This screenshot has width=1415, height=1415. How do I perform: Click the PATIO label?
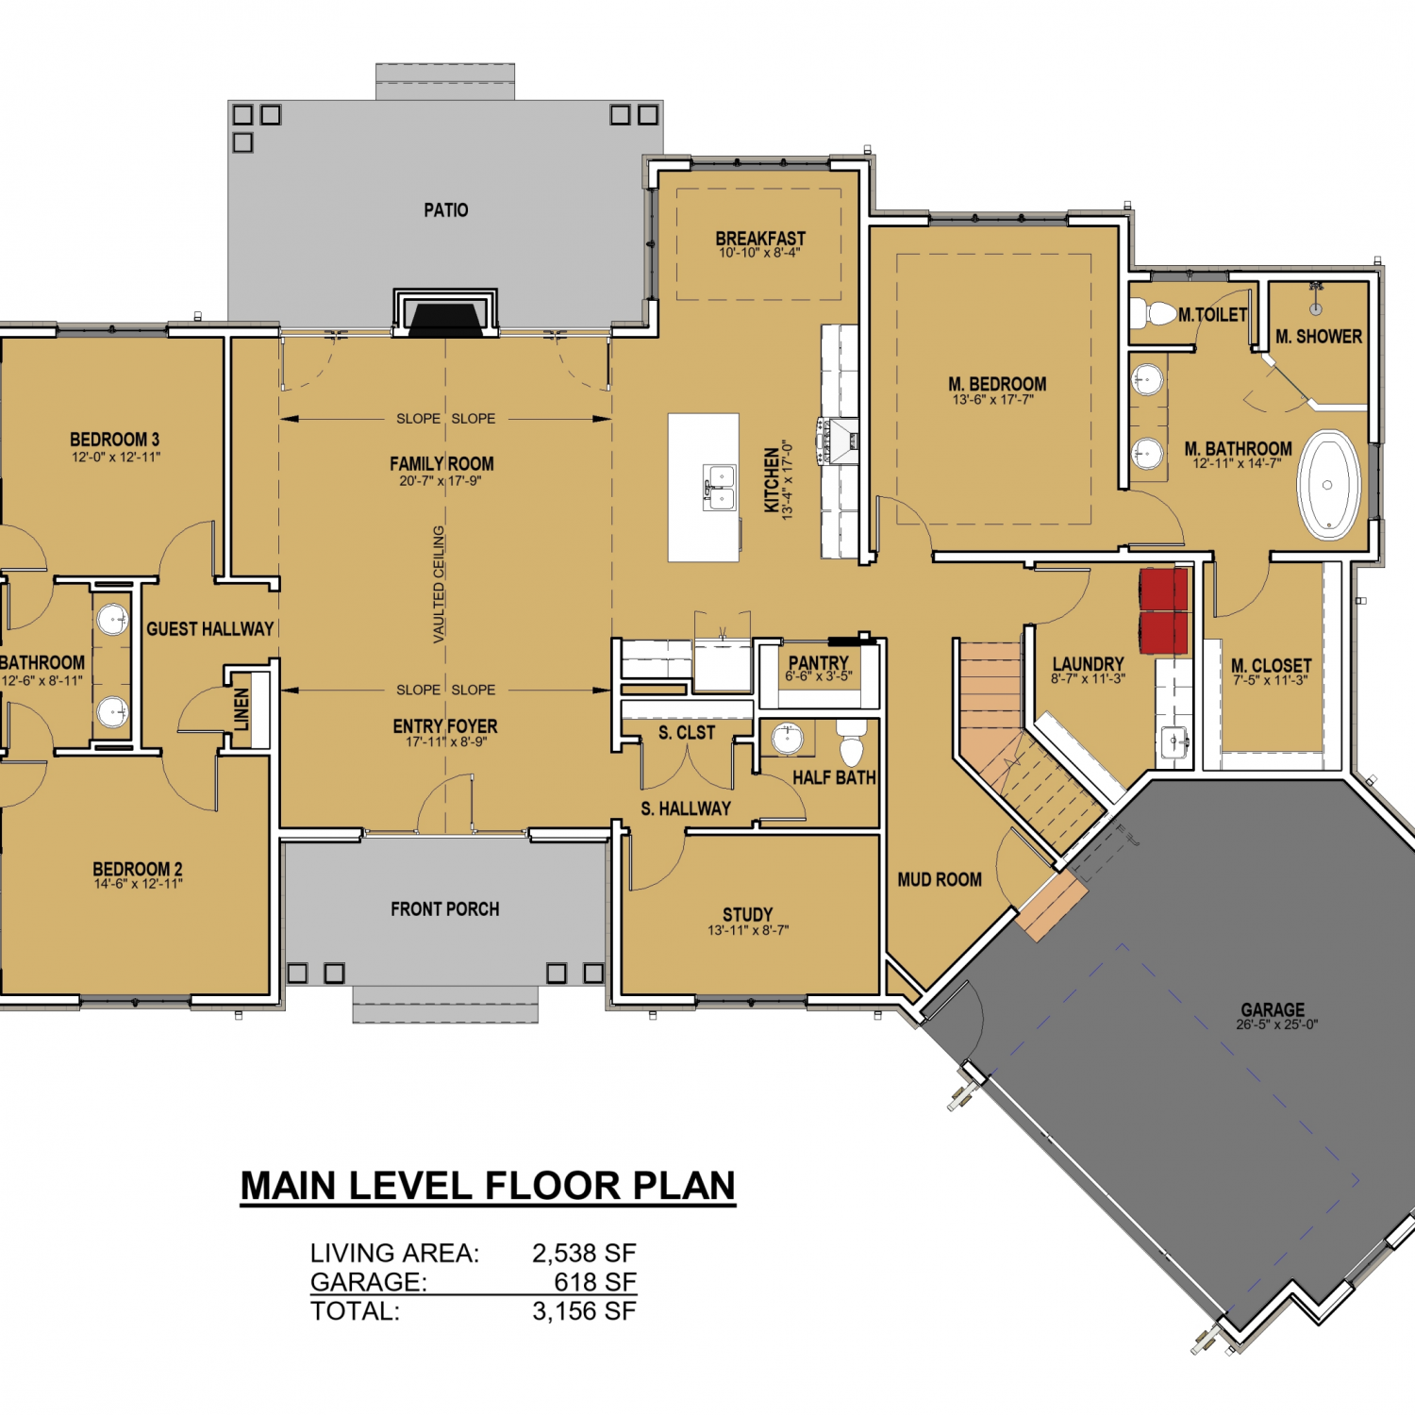445,210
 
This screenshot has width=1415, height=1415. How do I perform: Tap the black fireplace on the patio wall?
445,320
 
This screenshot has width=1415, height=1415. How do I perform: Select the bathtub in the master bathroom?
1328,485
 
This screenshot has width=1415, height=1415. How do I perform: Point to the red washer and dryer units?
1163,610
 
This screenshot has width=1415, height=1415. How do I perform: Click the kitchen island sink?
719,488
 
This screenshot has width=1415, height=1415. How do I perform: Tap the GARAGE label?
1273,1009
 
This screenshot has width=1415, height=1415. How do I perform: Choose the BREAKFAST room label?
760,239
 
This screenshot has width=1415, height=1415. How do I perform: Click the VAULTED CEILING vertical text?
439,585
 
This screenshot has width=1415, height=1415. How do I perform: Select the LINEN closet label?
241,708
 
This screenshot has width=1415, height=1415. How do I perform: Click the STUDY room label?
748,914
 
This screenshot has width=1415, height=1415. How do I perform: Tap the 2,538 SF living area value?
584,1253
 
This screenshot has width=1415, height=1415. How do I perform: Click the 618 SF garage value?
595,1282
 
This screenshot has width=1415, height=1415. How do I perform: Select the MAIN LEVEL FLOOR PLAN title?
488,1186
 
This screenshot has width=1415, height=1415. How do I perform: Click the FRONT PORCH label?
445,909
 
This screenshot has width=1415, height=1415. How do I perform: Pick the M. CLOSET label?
1272,665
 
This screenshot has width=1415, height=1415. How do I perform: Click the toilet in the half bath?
852,742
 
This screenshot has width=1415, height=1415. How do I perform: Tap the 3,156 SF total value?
584,1311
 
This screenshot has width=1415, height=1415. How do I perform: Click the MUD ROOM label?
940,879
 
